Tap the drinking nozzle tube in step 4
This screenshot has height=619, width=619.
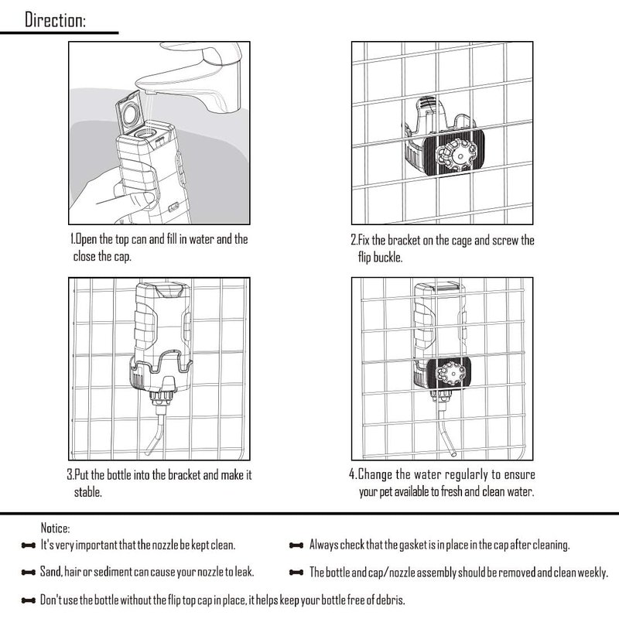[x=446, y=433]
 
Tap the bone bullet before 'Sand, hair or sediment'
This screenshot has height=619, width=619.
[x=29, y=573]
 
